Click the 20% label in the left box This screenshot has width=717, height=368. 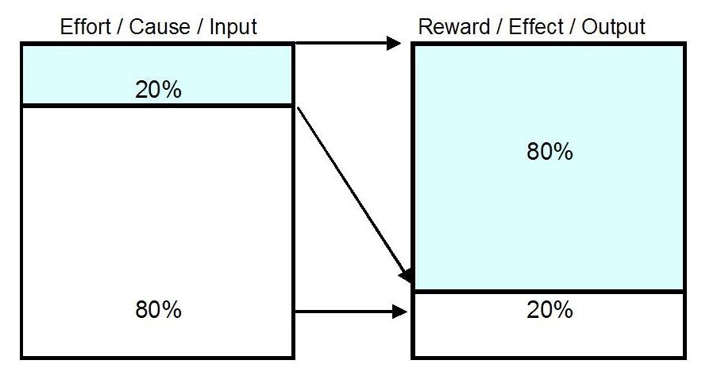click(158, 90)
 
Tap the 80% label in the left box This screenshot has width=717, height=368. click(158, 309)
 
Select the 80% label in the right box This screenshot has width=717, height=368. click(549, 152)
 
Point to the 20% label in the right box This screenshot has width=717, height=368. click(549, 310)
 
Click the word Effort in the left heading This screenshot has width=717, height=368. click(85, 26)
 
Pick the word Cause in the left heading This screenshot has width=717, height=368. click(159, 26)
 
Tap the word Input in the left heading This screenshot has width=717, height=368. click(233, 28)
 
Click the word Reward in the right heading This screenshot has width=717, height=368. click(453, 26)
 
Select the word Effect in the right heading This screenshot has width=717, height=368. click(537, 26)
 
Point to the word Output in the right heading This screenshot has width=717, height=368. click(613, 26)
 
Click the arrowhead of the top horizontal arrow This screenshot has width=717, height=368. click(394, 43)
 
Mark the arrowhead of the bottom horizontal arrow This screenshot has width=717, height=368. click(399, 312)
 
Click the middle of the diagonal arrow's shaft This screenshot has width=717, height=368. click(350, 188)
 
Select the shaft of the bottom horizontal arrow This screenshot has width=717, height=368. click(343, 312)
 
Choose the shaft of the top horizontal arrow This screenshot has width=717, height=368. click(341, 43)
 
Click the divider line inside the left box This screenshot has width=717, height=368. click(157, 106)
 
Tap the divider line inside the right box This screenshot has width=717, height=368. click(549, 291)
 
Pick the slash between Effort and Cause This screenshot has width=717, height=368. click(119, 26)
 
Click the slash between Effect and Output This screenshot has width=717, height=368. click(573, 26)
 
